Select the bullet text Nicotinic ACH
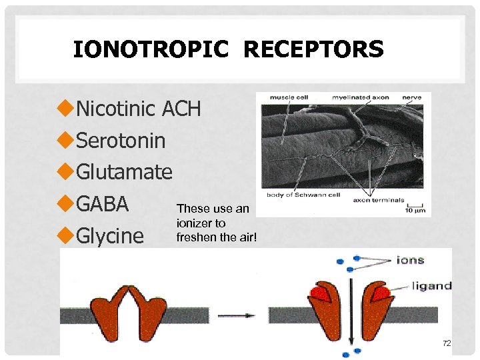click(x=138, y=109)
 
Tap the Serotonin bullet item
click(x=121, y=141)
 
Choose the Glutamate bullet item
click(x=124, y=172)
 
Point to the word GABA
click(x=102, y=204)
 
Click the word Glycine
click(x=110, y=236)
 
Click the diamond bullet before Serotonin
click(x=65, y=141)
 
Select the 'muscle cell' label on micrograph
click(x=283, y=97)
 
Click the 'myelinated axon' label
click(x=361, y=97)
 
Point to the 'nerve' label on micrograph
click(x=411, y=97)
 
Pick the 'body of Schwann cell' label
click(x=303, y=195)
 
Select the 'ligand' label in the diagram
click(x=431, y=286)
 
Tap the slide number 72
click(x=447, y=343)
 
